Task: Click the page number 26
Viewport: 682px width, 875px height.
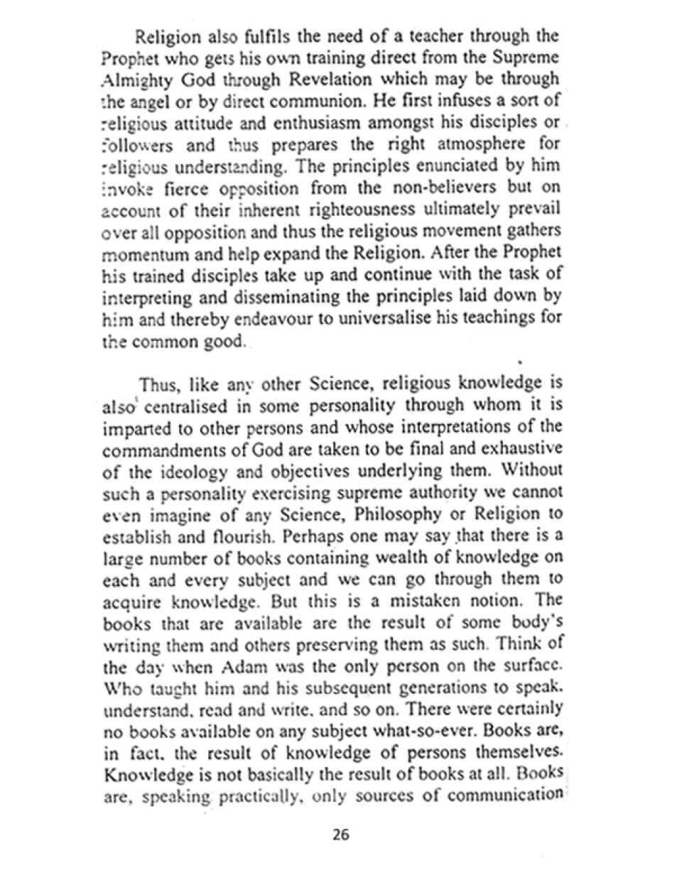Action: (x=340, y=835)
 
